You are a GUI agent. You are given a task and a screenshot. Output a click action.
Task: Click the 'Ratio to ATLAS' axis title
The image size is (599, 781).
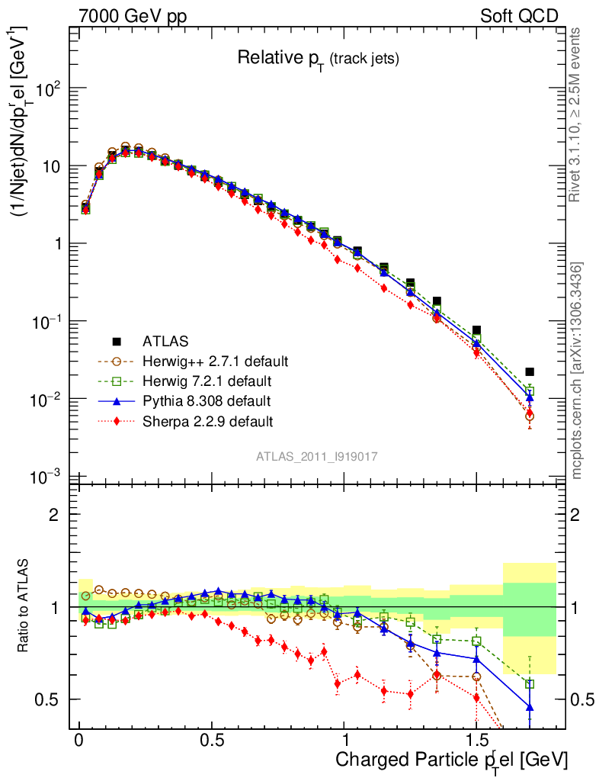point(24,606)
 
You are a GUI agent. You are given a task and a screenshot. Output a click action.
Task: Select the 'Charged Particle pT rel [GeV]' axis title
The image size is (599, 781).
point(451,760)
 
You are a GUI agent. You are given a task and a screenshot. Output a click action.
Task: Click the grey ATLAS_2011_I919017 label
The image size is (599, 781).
point(317,456)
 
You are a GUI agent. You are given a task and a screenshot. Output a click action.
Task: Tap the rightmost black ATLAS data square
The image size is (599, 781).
point(530,372)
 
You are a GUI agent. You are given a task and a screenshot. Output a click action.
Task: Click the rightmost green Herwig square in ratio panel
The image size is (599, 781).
point(530,684)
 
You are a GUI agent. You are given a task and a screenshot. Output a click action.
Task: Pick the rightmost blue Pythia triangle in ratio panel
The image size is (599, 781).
point(530,707)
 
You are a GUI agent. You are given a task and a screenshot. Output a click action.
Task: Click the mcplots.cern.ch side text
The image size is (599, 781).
point(577,371)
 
